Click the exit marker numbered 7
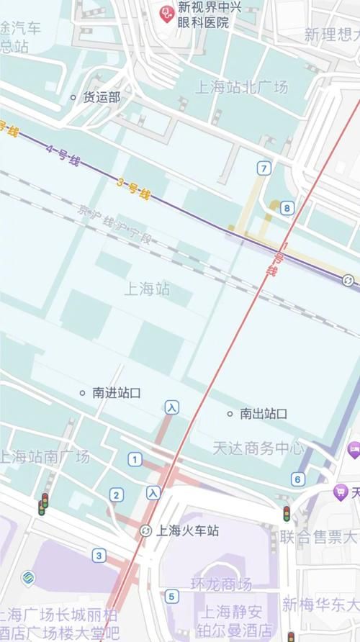click(265, 168)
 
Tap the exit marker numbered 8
click(287, 209)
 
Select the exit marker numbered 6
click(298, 479)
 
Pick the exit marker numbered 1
click(135, 459)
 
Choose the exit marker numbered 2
click(117, 494)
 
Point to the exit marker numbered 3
click(99, 556)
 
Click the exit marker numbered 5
click(171, 596)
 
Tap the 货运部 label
click(102, 96)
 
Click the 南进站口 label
click(116, 393)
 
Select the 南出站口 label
click(264, 414)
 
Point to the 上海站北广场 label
click(241, 87)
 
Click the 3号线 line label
click(133, 189)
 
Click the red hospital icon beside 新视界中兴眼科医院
click(167, 12)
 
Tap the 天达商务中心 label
click(258, 448)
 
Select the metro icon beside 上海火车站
click(145, 531)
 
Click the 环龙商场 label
click(221, 584)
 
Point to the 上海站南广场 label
click(45, 456)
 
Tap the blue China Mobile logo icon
click(28, 578)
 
